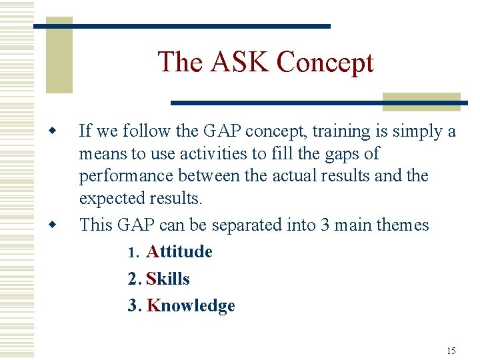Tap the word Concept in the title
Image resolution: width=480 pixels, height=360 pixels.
pyautogui.click(x=325, y=62)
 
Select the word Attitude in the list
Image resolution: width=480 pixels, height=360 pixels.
pyautogui.click(x=179, y=252)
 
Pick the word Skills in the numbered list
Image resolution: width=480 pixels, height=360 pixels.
pyautogui.click(x=167, y=279)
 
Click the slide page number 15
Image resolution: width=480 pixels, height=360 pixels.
pyautogui.click(x=451, y=351)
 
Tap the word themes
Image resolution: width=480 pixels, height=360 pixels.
pyautogui.click(x=402, y=225)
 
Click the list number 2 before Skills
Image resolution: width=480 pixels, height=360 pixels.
pyautogui.click(x=132, y=279)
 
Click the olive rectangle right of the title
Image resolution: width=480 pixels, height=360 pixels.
pyautogui.click(x=421, y=101)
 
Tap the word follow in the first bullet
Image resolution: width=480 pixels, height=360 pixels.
pyautogui.click(x=138, y=131)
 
